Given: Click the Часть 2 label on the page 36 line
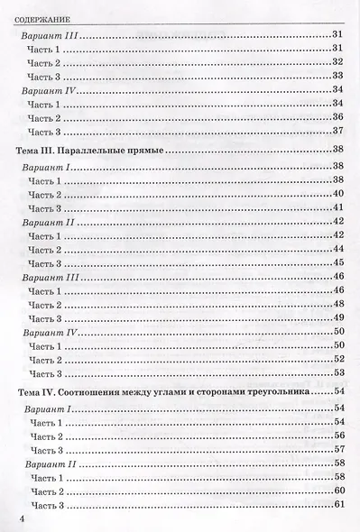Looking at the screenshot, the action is (x=45, y=118).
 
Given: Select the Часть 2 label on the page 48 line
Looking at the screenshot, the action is (x=45, y=305).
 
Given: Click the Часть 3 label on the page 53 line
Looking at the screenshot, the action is (x=45, y=374).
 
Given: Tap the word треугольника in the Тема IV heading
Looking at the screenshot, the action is (x=282, y=393).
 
